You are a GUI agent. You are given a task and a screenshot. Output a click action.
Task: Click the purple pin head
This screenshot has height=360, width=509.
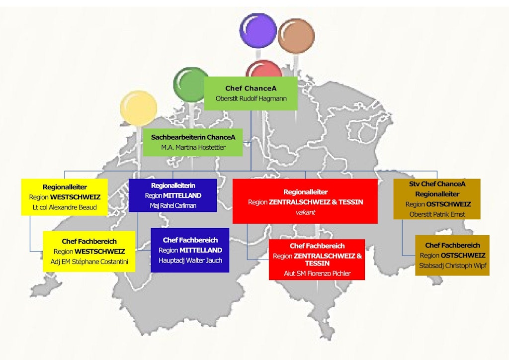pyautogui.click(x=258, y=31)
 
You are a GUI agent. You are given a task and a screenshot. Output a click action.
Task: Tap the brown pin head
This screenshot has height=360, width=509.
pyautogui.click(x=296, y=36)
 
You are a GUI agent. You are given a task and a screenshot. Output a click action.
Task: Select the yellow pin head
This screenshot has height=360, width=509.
pyautogui.click(x=139, y=108)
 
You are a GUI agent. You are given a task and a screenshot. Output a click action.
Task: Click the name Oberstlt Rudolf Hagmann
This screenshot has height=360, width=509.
pyautogui.click(x=251, y=98)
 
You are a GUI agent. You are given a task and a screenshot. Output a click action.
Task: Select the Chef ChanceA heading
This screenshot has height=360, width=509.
pyautogui.click(x=251, y=89)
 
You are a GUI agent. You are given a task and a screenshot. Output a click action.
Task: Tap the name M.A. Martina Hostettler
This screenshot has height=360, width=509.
pyautogui.click(x=193, y=147)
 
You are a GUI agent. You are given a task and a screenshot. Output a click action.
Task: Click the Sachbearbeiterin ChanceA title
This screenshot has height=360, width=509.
pyautogui.click(x=193, y=137)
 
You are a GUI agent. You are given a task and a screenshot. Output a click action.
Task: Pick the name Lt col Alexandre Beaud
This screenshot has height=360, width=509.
pyautogui.click(x=65, y=207)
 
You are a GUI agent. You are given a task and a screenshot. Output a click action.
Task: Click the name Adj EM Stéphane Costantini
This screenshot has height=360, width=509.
pyautogui.click(x=89, y=262)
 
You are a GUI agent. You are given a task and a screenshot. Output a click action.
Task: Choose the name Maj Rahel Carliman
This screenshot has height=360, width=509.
pyautogui.click(x=173, y=205)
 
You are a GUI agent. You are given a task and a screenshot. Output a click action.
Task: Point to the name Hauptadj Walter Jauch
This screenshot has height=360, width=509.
pyautogui.click(x=190, y=261)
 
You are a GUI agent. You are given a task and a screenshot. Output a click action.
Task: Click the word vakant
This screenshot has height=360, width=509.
pyautogui.click(x=306, y=212)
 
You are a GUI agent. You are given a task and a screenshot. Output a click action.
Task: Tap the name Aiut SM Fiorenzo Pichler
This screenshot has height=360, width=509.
pyautogui.click(x=317, y=273)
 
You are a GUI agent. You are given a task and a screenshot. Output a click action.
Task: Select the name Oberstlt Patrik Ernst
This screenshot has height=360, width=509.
pyautogui.click(x=437, y=214)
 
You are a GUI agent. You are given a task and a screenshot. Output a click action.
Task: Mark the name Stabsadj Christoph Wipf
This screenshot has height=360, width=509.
pyautogui.click(x=452, y=266)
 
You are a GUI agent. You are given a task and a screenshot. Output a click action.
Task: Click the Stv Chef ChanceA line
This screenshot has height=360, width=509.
pyautogui.click(x=437, y=184)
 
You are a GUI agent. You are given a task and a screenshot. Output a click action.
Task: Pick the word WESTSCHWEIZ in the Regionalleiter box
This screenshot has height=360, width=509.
pyautogui.click(x=76, y=197)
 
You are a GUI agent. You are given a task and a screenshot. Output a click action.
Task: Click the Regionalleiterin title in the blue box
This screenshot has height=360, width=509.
pyautogui.click(x=173, y=185)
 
